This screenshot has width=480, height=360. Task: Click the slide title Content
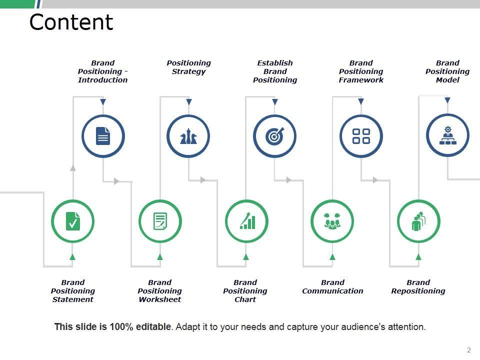(x=71, y=22)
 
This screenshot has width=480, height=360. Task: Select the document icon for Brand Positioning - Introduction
(x=103, y=136)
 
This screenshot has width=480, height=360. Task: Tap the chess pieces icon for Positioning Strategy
(x=188, y=136)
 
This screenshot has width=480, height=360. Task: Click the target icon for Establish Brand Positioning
(x=274, y=136)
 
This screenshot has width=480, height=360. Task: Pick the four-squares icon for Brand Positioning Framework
(x=361, y=136)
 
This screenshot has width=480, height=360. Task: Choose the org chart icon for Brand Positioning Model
(x=447, y=135)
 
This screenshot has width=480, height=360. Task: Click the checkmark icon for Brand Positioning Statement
(x=72, y=221)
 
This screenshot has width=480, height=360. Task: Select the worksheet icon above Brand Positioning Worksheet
(x=160, y=221)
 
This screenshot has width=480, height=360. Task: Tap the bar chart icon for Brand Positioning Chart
(x=246, y=221)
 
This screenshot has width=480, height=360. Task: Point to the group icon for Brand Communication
(x=332, y=221)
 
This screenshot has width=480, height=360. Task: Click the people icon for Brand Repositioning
(x=418, y=221)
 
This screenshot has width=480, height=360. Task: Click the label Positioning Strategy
(x=188, y=67)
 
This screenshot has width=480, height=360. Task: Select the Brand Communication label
(x=332, y=286)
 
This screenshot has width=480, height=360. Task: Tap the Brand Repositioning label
(x=418, y=286)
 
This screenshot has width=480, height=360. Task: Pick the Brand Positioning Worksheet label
(x=159, y=291)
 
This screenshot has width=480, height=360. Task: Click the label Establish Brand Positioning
(x=275, y=71)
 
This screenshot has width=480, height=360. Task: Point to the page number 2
(x=469, y=350)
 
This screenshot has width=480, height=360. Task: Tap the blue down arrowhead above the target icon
(x=274, y=102)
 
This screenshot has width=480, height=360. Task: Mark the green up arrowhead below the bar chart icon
(x=246, y=257)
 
